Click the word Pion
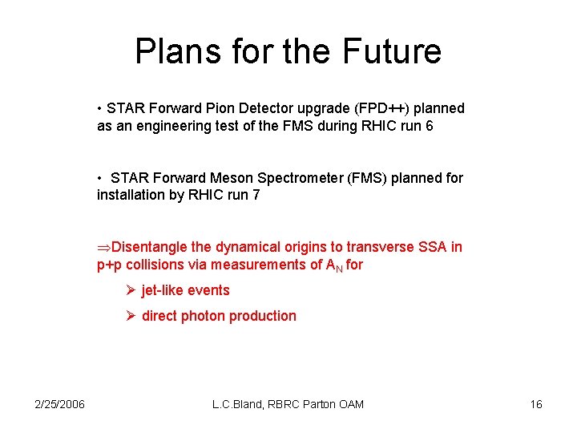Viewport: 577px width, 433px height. [227, 108]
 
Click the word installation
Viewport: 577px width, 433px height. [129, 196]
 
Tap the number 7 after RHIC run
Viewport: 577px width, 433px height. [256, 196]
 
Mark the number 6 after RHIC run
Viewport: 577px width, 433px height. [430, 126]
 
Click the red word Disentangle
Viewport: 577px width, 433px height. [151, 247]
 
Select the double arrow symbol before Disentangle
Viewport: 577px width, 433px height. [104, 248]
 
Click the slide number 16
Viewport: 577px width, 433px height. [536, 404]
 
